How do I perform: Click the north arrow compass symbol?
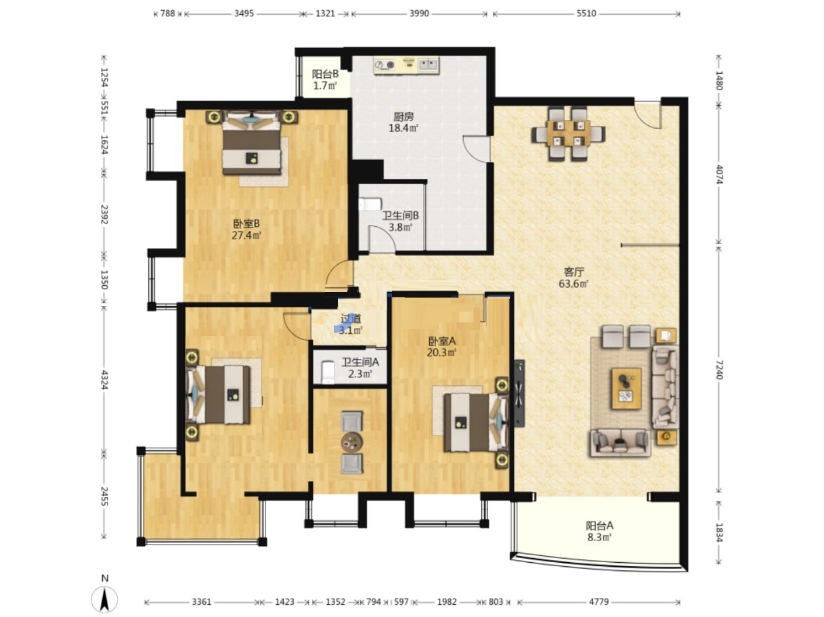pos(104,597)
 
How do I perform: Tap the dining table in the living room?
pos(568,133)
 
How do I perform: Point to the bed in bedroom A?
pos(475,422)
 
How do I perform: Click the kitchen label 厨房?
pos(403,116)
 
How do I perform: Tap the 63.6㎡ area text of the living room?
pos(573,284)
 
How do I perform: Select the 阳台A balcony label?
pos(599,525)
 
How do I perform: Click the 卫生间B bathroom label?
pos(400,215)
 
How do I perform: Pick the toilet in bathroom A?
pos(328,372)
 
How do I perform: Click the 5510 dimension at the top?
pos(586,14)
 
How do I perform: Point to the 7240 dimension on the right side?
pos(718,370)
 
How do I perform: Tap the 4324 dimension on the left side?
pos(105,379)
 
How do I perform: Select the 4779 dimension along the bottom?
pos(599,602)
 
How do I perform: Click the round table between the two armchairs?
pos(351,442)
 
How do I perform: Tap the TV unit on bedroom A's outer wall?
pos(519,393)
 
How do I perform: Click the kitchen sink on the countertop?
pos(429,64)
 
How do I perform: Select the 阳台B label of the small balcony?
pos(325,74)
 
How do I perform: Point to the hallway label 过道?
pos(351,318)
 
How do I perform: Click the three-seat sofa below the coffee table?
pos(620,443)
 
